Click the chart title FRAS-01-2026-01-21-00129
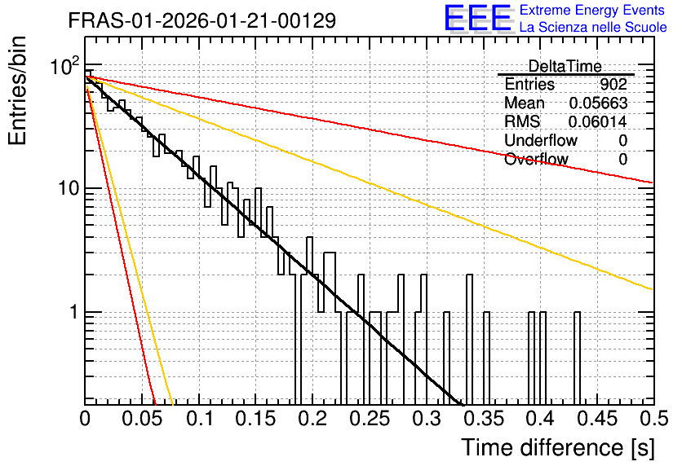pos(202,20)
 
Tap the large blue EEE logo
pos(477,18)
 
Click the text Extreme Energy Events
pos(592,10)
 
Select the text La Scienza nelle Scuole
pos(593,27)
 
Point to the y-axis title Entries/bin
pos(17,90)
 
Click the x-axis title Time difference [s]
pos(558,447)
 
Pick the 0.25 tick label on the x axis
pos(370,419)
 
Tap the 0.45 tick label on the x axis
pos(597,419)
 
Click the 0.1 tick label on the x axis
pos(199,419)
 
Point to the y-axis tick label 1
pos(74,311)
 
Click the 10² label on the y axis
pos(64,67)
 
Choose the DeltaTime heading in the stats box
pos(565,67)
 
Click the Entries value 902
pos(613,84)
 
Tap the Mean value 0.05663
pos(599,103)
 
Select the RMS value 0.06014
pos(598,122)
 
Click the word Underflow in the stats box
pos(541,140)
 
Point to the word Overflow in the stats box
pos(536,159)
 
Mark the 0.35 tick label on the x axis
pos(484,419)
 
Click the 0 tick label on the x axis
pos(85,419)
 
